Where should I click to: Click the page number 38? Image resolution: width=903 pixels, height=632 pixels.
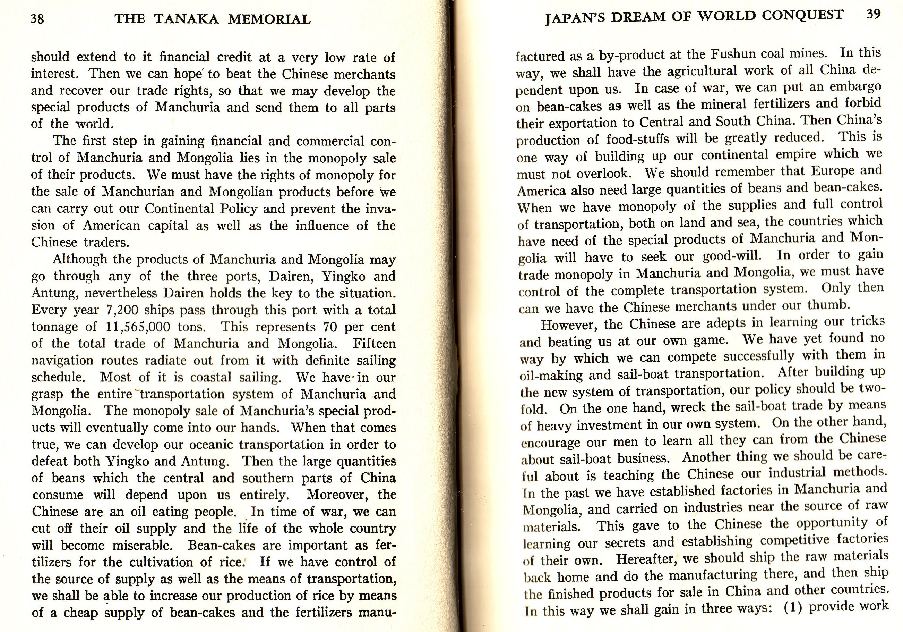tap(37, 19)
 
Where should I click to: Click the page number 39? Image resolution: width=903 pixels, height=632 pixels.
tap(873, 14)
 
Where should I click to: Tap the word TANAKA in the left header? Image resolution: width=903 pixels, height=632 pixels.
tap(187, 19)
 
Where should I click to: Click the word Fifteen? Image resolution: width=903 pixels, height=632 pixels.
tap(374, 344)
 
